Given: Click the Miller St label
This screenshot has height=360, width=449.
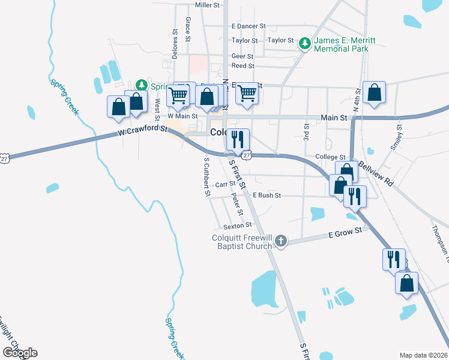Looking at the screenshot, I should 208,5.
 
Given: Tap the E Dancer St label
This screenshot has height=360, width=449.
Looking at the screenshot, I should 249,27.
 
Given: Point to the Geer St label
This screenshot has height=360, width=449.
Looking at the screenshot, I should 243,56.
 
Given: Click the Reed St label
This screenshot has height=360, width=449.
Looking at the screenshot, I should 243,66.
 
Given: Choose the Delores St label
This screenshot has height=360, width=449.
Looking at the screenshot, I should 175,41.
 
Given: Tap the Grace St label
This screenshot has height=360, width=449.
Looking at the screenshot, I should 188,29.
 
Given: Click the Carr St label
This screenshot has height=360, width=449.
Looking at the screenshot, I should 224,184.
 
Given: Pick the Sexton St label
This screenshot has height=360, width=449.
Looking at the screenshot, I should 237,226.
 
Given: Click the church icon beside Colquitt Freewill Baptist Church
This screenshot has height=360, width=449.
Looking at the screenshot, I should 280,241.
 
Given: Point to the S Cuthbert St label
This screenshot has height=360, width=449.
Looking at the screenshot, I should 206,177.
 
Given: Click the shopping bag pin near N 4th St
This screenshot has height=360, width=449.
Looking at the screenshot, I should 374,92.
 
